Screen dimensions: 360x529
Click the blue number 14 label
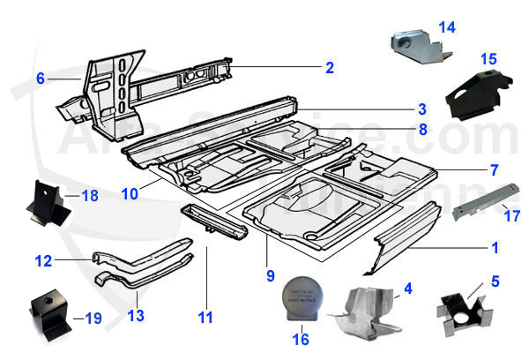coord(447,27)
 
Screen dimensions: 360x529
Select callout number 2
coord(329,67)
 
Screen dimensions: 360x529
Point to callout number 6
coord(41,78)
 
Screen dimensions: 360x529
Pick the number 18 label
coord(90,195)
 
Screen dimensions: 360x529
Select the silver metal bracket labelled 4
coord(367,311)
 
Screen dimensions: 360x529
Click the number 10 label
coord(130,192)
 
